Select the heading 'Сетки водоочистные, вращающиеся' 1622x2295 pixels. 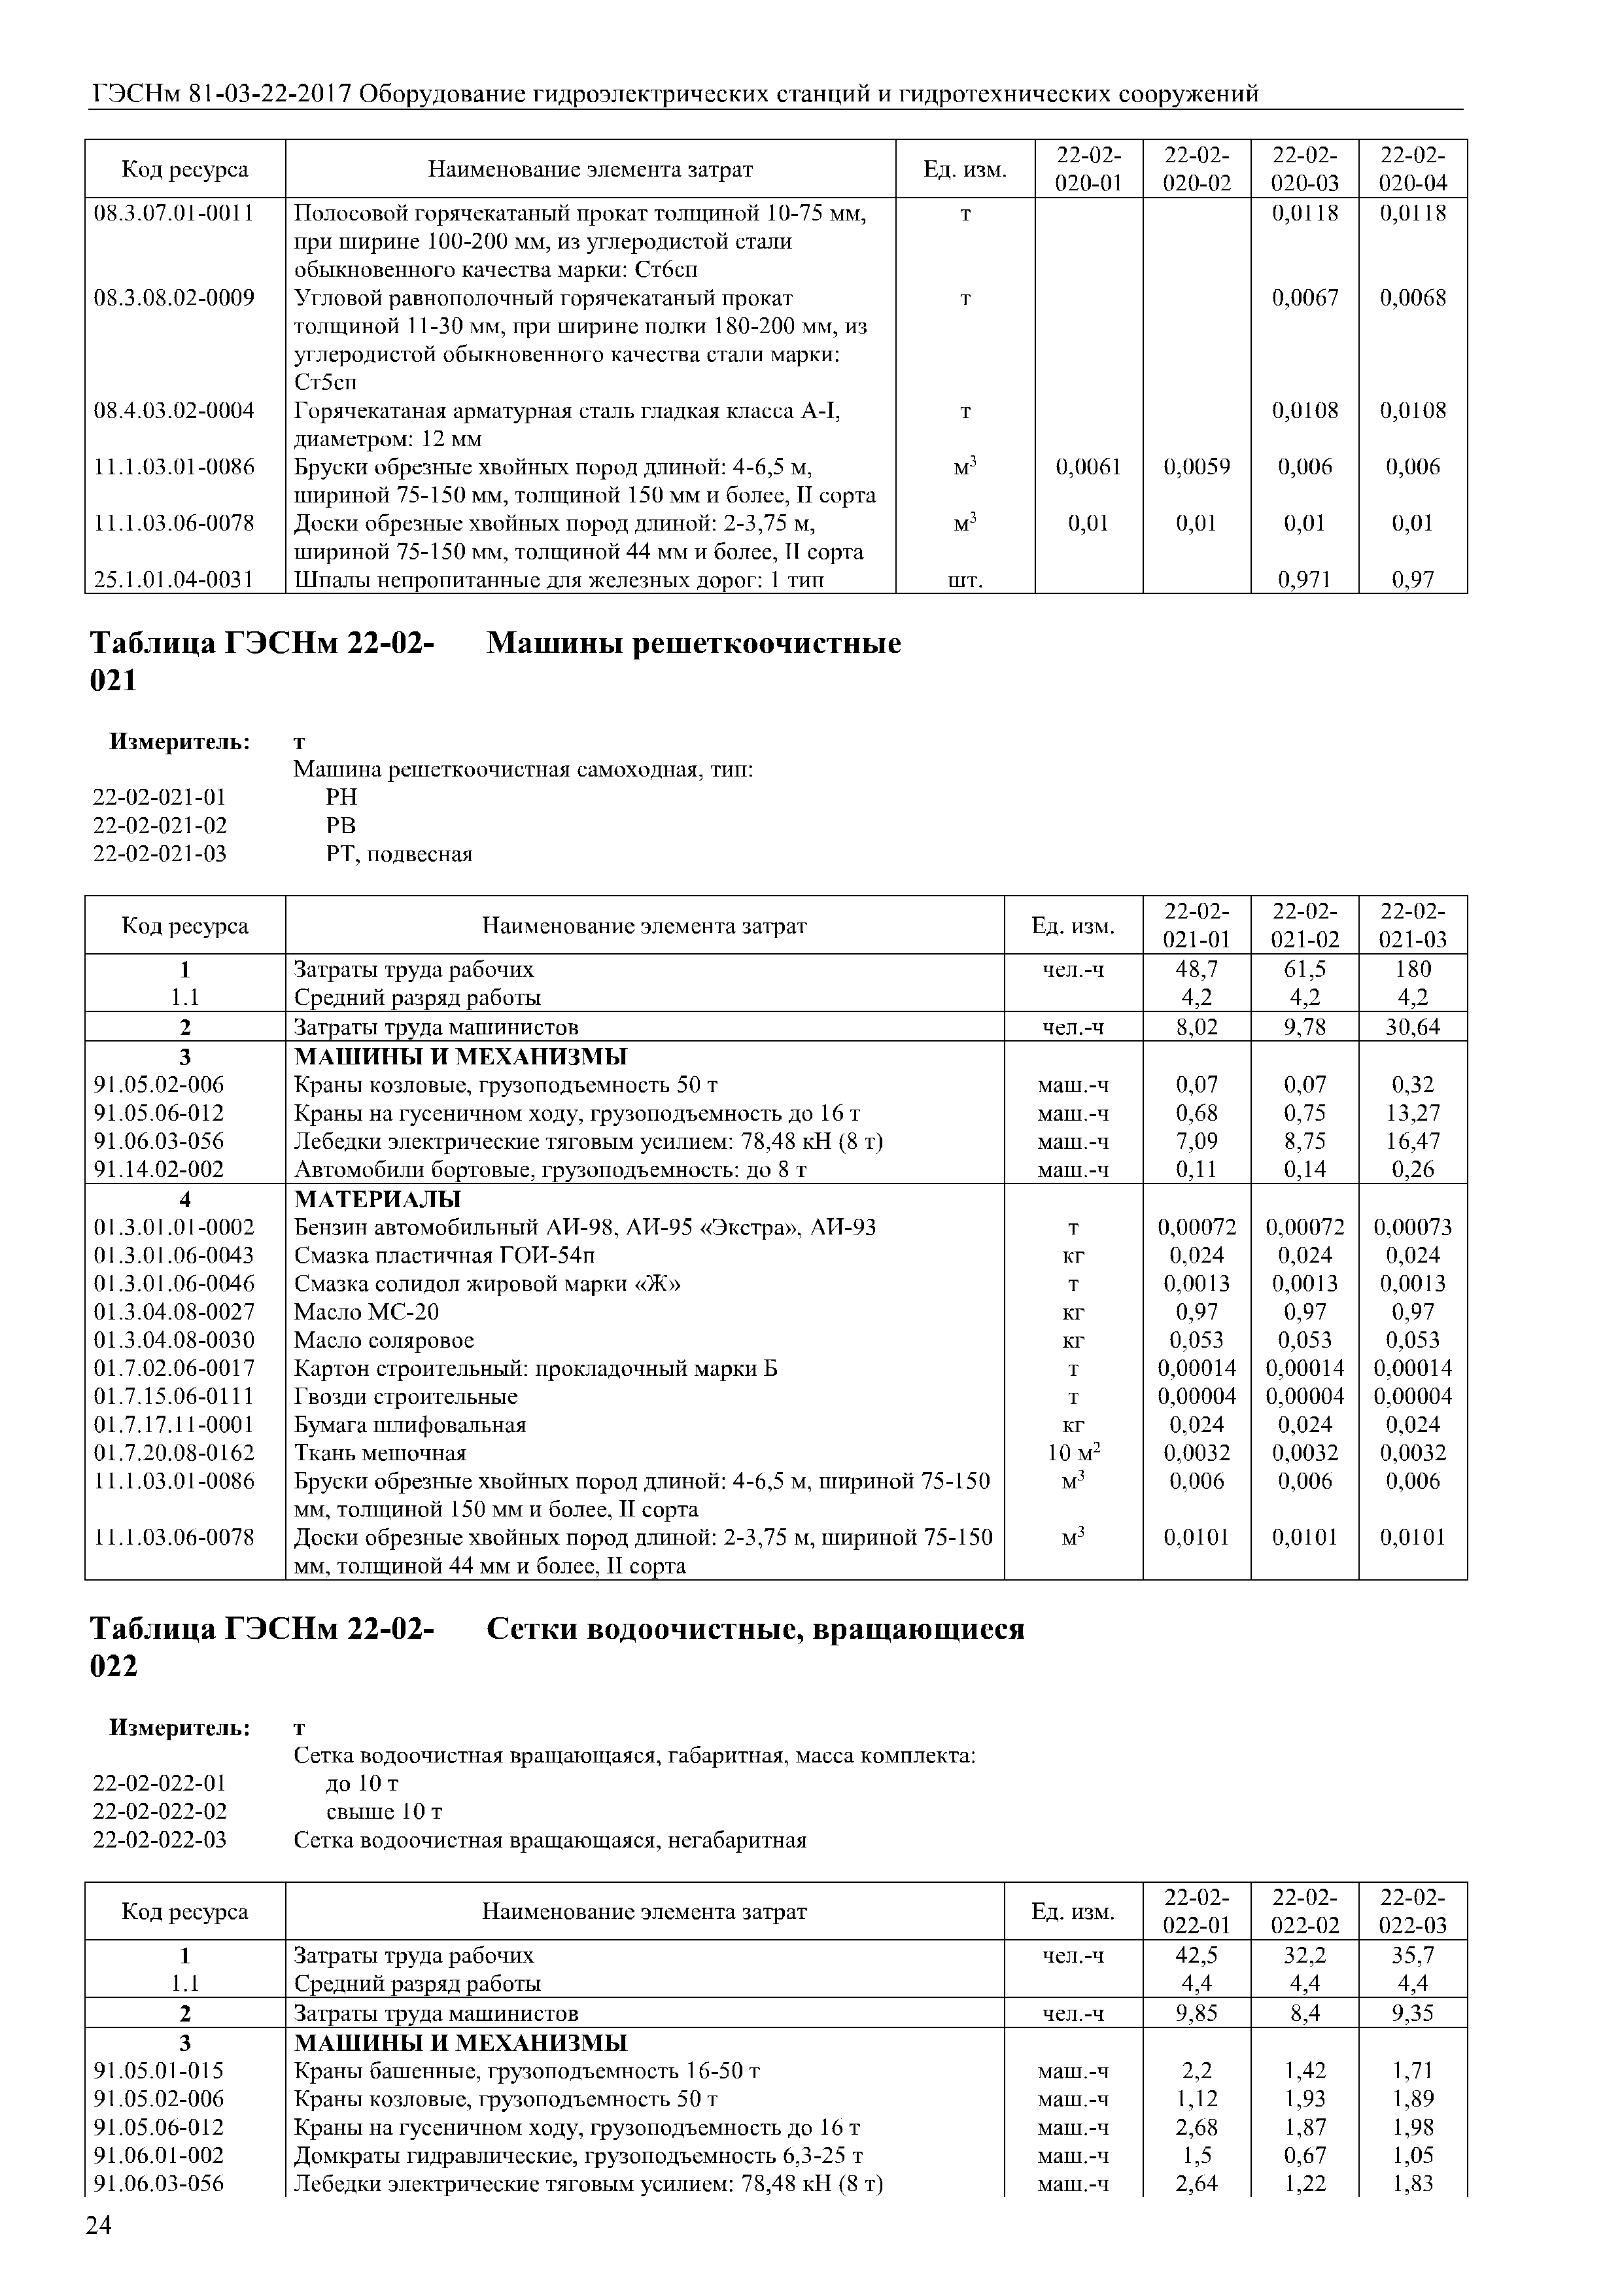[755, 1629]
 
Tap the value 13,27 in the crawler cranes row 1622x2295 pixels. [1412, 1113]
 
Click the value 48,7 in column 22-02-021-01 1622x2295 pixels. [1196, 969]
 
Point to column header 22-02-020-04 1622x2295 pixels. [1412, 169]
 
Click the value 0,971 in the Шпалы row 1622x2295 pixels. [1304, 580]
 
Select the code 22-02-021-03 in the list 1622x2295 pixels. [160, 854]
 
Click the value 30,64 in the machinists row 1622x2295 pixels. [1412, 1026]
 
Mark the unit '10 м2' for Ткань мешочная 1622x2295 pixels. [1073, 1452]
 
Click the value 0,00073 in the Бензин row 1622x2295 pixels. [1412, 1227]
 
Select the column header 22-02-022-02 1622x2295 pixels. [1304, 1912]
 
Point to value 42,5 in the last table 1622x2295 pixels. [1196, 1955]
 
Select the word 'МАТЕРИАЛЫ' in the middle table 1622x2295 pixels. [378, 1199]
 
